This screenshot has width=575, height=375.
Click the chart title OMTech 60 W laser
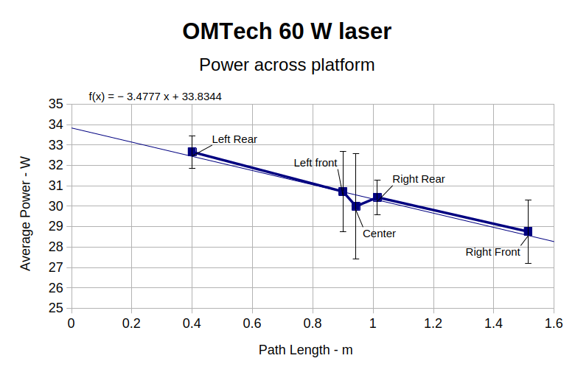[287, 32]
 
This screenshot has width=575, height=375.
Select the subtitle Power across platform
[287, 65]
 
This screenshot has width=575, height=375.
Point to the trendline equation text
[156, 96]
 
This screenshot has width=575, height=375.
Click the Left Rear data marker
[192, 152]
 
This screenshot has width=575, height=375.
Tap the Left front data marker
[343, 192]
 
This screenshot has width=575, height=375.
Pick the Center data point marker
[356, 206]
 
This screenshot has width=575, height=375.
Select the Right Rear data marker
[377, 197]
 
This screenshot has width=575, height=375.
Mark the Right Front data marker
[528, 231]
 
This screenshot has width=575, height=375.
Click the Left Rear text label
[234, 139]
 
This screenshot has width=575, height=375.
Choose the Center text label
[379, 234]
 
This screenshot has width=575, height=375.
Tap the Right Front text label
[492, 252]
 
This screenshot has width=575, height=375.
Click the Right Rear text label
[419, 179]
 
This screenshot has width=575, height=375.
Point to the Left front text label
[316, 163]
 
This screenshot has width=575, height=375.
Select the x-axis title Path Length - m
[305, 350]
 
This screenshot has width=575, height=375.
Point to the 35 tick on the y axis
[56, 105]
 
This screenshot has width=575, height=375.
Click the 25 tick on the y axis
[56, 308]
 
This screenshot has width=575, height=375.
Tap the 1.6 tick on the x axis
[554, 323]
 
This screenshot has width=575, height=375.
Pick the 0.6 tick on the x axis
[252, 323]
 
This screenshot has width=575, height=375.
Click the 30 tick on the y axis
[56, 206]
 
